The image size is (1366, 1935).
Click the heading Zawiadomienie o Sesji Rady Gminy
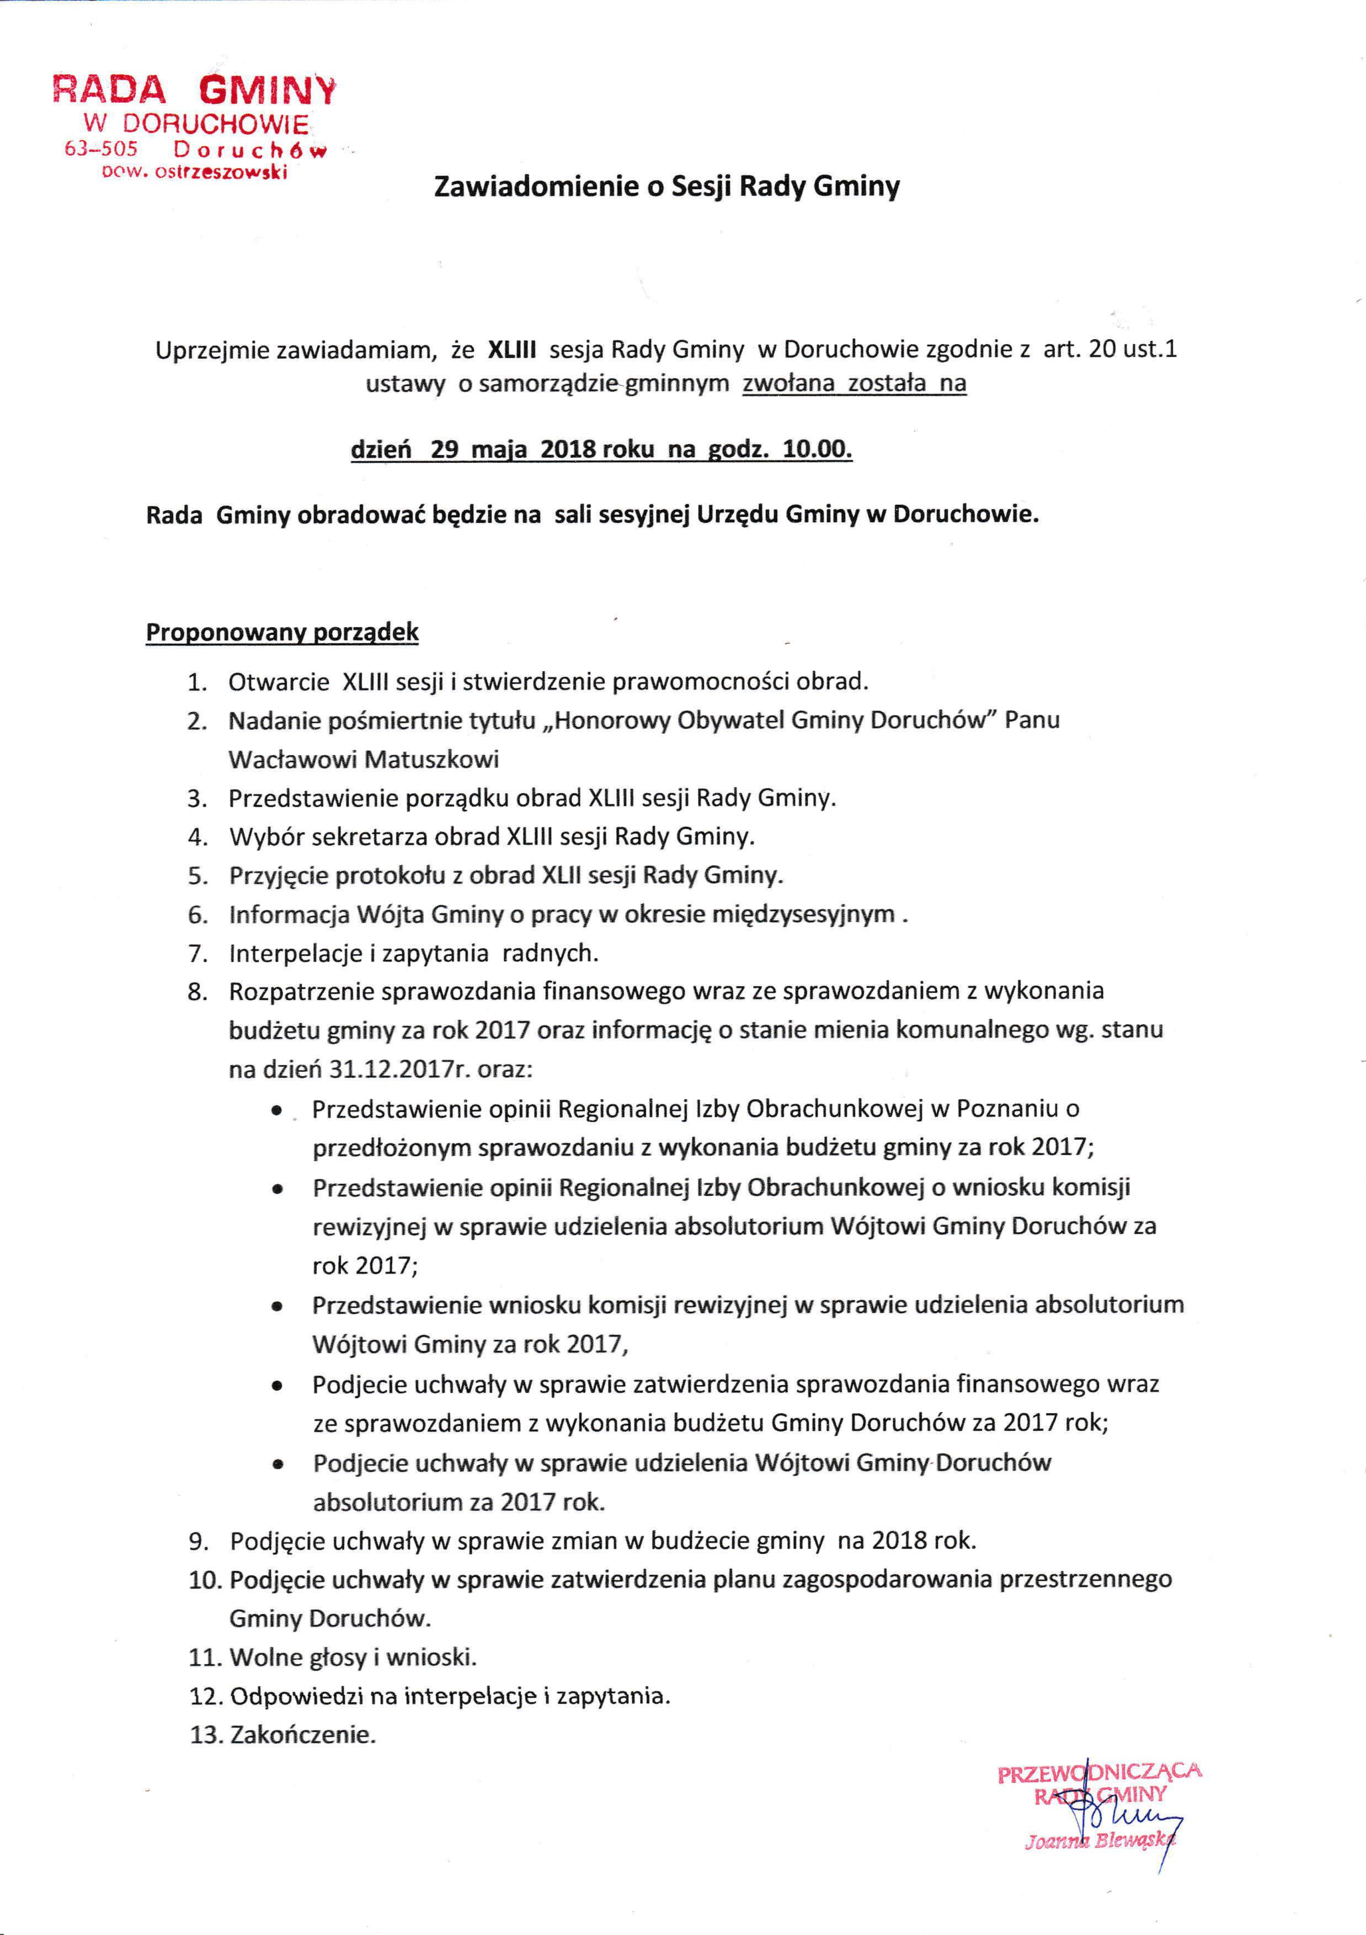click(x=666, y=187)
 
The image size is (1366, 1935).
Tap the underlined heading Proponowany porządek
click(x=282, y=633)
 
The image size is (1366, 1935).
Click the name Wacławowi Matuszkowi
click(x=364, y=760)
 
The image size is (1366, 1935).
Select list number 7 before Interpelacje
click(x=198, y=954)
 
